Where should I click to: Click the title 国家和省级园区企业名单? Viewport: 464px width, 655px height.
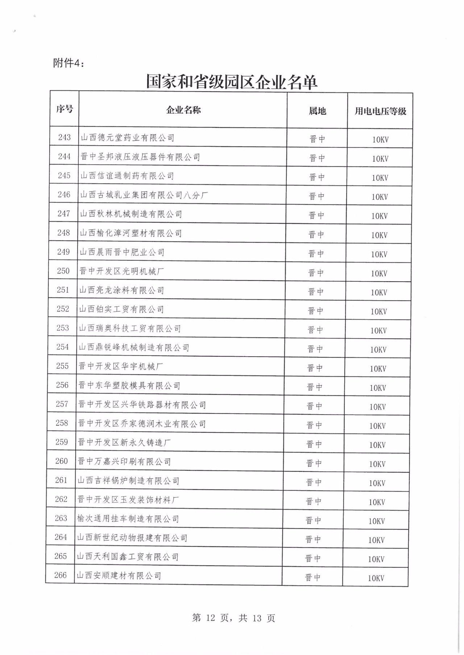pos(232,82)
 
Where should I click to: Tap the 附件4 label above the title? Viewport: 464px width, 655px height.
pos(69,63)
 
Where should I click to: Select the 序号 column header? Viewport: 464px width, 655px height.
pos(65,109)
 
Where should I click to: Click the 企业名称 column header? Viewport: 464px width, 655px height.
pos(183,110)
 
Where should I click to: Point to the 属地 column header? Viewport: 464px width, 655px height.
pos(317,111)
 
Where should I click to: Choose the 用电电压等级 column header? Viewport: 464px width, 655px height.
pos(380,111)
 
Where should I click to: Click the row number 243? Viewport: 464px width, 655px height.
pos(65,137)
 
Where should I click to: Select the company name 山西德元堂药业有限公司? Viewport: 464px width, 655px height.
pos(127,138)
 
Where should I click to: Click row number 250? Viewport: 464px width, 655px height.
pos(63,271)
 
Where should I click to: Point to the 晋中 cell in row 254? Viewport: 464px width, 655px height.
pos(315,349)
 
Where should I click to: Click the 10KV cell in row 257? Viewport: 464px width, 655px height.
pos(377,407)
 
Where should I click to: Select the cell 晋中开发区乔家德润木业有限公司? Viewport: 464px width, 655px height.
pos(142,424)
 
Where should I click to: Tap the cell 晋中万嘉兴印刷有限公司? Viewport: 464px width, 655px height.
pos(124,462)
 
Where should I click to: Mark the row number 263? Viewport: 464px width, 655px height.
pos(61,518)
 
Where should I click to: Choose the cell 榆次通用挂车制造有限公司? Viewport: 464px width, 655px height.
pos(128,519)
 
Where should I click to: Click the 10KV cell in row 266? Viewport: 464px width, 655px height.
pos(376,578)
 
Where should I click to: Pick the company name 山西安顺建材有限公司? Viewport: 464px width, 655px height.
pos(119,576)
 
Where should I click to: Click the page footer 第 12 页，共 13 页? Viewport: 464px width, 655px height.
pos(233,618)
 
